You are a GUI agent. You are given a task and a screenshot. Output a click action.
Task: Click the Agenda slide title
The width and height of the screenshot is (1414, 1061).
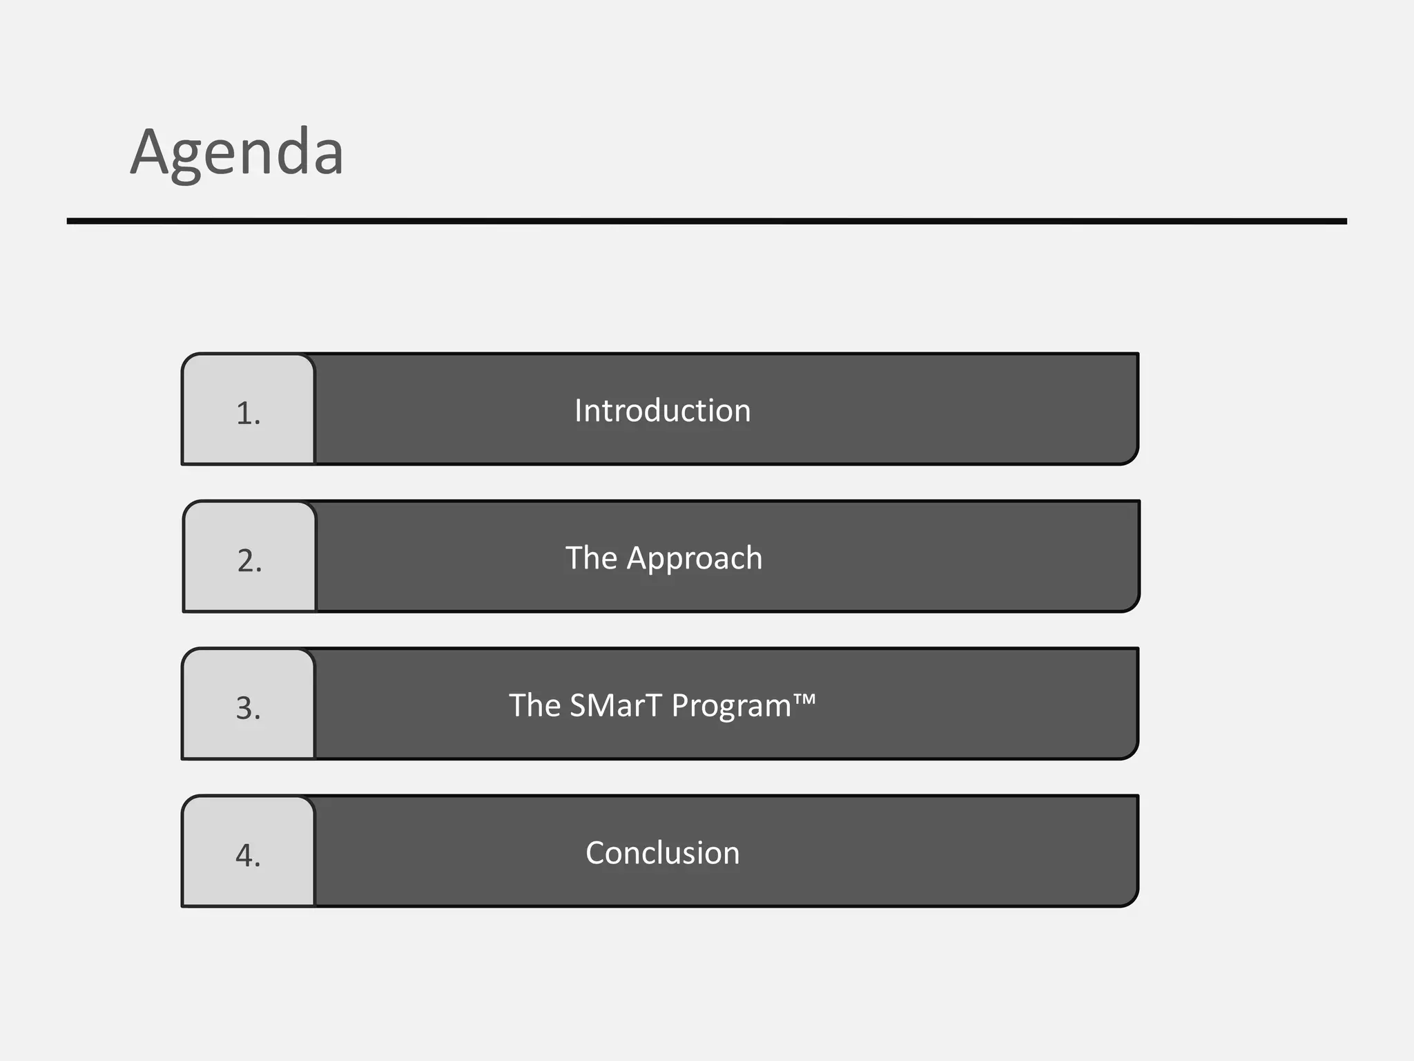[x=237, y=153]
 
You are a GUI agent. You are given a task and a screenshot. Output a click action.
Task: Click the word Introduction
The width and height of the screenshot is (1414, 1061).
[x=662, y=410]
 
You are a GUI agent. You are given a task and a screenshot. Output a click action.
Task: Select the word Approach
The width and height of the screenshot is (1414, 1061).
[x=694, y=558]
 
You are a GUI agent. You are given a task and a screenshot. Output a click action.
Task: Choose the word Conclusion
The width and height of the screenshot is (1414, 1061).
[x=662, y=853]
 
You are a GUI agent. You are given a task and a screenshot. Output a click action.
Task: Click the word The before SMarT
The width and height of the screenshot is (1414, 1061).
[x=534, y=705]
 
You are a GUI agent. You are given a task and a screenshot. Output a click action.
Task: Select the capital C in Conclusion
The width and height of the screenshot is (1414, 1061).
[x=597, y=853]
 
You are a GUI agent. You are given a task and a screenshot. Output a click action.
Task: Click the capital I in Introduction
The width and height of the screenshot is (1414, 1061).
[x=579, y=410]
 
